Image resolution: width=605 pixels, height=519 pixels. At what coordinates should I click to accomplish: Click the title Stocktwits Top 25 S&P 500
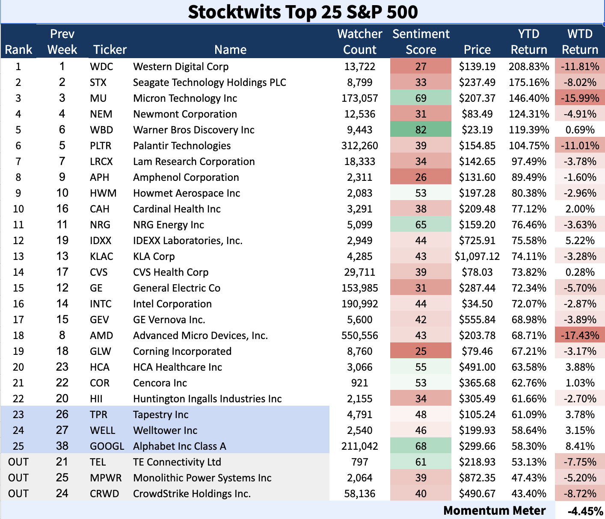pyautogui.click(x=302, y=12)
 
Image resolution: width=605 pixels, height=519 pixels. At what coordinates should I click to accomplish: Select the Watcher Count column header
pyautogui.click(x=359, y=41)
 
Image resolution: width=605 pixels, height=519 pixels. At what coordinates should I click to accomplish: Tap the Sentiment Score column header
pyautogui.click(x=421, y=41)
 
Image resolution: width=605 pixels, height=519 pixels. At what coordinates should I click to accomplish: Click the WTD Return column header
pyautogui.click(x=580, y=41)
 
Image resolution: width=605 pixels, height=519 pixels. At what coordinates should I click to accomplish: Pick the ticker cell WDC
pyautogui.click(x=101, y=67)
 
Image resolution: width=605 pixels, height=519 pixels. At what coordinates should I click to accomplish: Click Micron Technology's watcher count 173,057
pyautogui.click(x=359, y=98)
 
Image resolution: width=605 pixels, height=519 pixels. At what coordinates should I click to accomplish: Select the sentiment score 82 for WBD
pyautogui.click(x=421, y=130)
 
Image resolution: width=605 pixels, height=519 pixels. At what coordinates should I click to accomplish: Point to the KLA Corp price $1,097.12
pyautogui.click(x=477, y=257)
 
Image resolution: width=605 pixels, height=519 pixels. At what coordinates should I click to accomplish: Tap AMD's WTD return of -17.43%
pyautogui.click(x=580, y=336)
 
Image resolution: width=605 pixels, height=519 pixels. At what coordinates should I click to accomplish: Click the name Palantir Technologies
pyautogui.click(x=182, y=146)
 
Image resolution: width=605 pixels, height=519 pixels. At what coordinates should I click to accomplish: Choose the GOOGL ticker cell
pyautogui.click(x=107, y=446)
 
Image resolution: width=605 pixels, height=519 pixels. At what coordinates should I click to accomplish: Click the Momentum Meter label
pyautogui.click(x=494, y=510)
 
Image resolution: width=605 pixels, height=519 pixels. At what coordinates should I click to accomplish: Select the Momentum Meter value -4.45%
pyautogui.click(x=585, y=511)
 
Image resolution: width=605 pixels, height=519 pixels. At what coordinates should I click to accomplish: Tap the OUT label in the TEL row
pyautogui.click(x=18, y=462)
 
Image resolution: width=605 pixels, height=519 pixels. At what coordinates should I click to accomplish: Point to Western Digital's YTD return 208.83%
pyautogui.click(x=529, y=67)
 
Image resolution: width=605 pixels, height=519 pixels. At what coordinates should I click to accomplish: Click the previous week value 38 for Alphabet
pyautogui.click(x=62, y=446)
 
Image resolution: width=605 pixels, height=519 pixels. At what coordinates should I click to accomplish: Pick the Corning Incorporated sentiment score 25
pyautogui.click(x=421, y=351)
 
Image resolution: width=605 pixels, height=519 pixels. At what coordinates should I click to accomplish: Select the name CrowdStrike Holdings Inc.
pyautogui.click(x=192, y=494)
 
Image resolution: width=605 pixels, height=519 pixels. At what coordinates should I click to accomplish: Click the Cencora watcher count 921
pyautogui.click(x=359, y=383)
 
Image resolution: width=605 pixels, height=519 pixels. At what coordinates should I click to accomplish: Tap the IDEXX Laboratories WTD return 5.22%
pyautogui.click(x=580, y=241)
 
